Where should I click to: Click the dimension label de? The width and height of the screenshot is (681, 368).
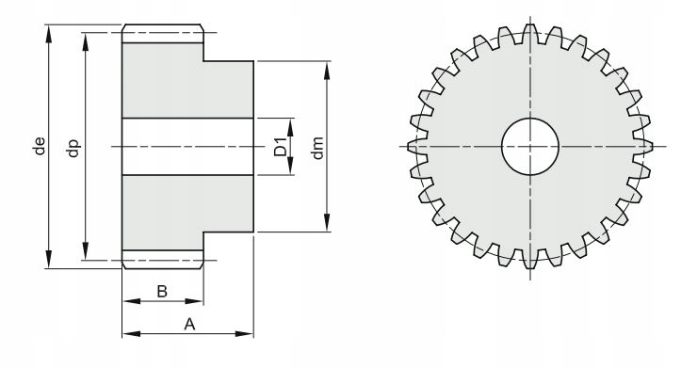click(x=40, y=146)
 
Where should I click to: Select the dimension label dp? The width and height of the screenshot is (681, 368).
click(x=73, y=148)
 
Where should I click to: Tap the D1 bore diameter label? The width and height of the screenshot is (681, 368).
click(x=281, y=147)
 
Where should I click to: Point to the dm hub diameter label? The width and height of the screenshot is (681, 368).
click(x=317, y=148)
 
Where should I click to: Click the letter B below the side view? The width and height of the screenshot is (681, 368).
click(x=162, y=291)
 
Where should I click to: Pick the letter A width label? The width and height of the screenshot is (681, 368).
click(x=189, y=324)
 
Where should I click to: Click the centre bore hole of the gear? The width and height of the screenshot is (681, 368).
click(x=530, y=147)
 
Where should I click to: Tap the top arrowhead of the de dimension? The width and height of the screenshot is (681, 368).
click(x=49, y=34)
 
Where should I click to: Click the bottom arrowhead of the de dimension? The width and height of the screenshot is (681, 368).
click(x=49, y=259)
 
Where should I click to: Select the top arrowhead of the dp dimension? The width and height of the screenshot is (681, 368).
click(x=86, y=41)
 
